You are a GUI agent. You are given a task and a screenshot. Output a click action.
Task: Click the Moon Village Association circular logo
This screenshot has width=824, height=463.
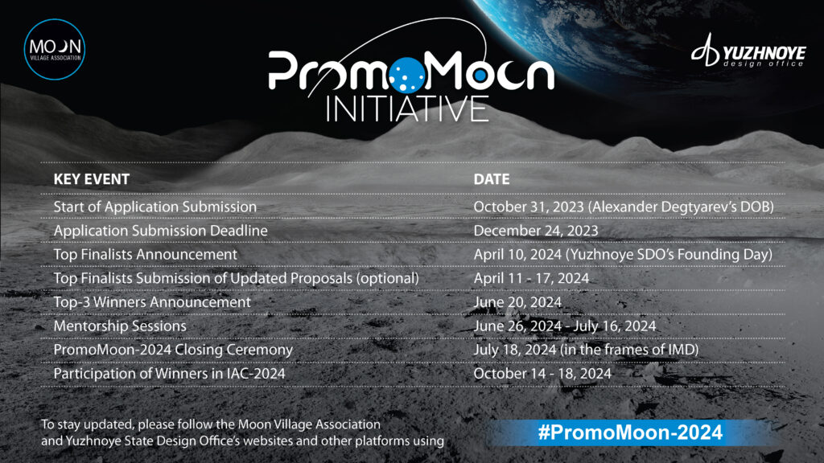(x=55, y=49)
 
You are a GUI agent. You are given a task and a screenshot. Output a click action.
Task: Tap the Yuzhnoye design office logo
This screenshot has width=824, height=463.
(x=748, y=51)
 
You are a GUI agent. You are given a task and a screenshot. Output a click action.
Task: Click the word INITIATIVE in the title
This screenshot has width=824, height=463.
(x=407, y=109)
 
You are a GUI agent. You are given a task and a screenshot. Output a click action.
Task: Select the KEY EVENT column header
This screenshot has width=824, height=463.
(x=92, y=179)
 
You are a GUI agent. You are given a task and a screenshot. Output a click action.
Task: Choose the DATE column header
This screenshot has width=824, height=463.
(x=492, y=179)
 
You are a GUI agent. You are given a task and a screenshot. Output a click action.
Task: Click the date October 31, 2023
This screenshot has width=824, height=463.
(x=529, y=207)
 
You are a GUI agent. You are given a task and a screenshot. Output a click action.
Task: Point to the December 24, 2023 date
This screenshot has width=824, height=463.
(x=535, y=231)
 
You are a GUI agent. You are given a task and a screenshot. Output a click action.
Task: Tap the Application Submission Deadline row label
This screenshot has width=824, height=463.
(x=160, y=231)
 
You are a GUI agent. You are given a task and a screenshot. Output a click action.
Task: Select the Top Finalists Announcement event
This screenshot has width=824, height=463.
(x=146, y=255)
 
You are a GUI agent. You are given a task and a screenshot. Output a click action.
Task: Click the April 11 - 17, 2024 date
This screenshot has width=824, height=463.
(x=531, y=278)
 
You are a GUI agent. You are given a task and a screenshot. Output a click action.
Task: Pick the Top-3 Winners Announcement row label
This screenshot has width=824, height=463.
(x=152, y=302)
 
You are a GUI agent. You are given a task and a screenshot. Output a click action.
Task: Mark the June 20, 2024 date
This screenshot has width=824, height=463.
(x=517, y=302)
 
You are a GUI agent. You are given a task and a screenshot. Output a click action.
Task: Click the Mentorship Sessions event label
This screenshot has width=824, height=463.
(x=120, y=326)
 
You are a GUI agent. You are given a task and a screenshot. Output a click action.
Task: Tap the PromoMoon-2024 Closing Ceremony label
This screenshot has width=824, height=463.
(x=174, y=350)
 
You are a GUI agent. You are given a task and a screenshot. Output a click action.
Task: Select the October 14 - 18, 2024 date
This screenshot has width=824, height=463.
(x=542, y=374)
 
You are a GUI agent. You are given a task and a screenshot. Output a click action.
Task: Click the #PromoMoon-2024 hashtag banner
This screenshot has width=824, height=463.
(x=631, y=432)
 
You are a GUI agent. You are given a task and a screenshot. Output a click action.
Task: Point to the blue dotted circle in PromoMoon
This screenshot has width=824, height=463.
(x=407, y=74)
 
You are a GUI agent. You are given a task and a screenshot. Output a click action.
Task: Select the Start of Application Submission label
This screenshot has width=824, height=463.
(x=155, y=207)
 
